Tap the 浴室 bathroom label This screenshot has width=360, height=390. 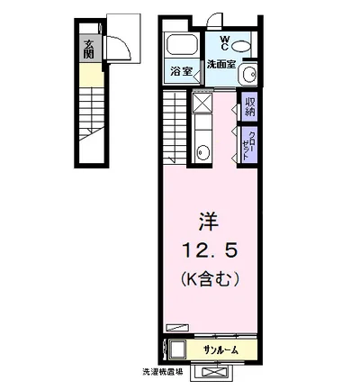[181, 71]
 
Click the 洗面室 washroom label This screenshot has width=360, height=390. [220, 65]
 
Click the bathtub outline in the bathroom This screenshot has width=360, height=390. [183, 48]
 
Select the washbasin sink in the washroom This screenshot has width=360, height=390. [249, 75]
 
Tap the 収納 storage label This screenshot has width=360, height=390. [250, 106]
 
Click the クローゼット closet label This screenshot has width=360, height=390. [250, 143]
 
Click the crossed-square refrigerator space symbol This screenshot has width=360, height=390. [202, 104]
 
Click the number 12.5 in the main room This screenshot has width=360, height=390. [208, 249]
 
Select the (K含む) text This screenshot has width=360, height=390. [208, 279]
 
